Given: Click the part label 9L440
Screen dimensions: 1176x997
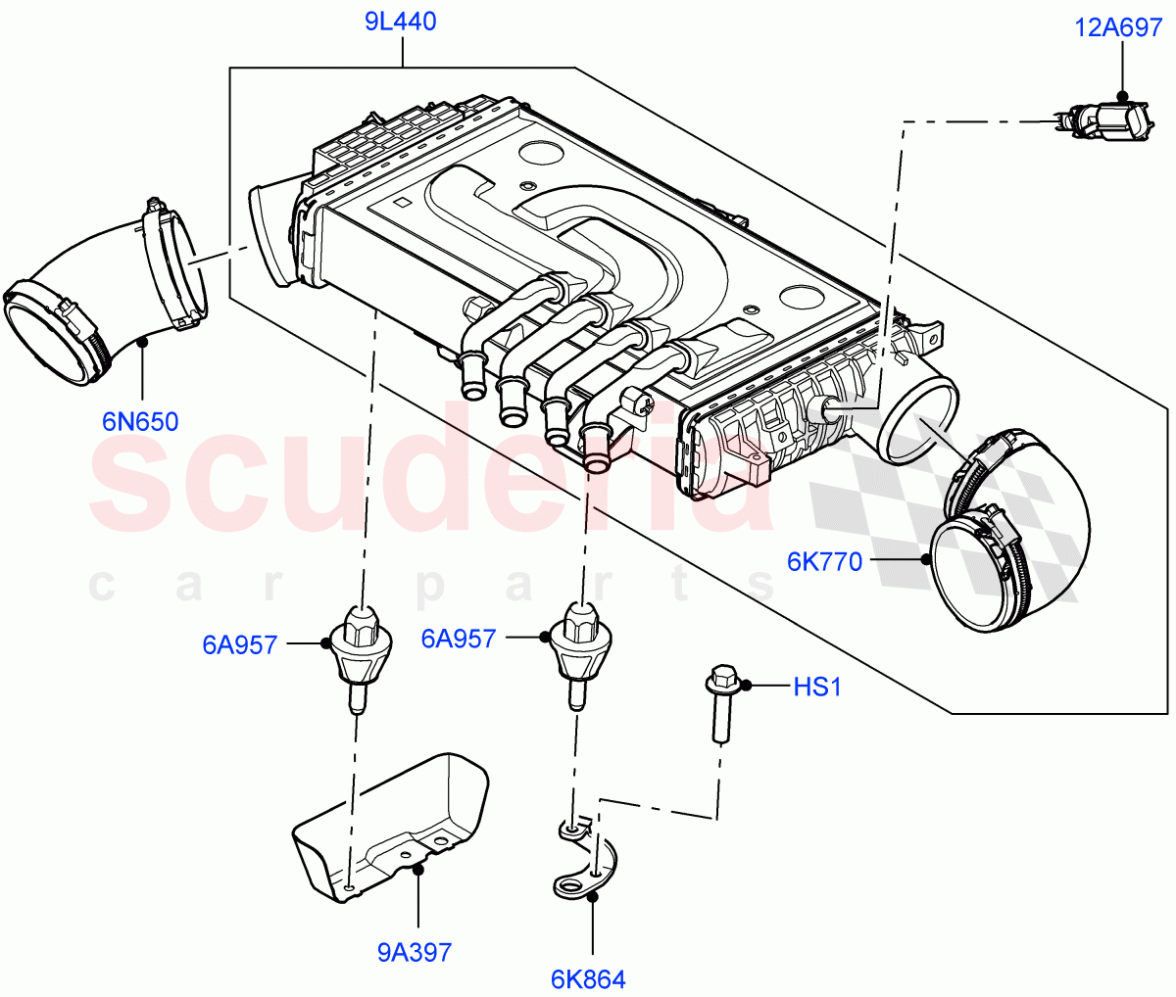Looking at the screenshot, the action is [401, 22].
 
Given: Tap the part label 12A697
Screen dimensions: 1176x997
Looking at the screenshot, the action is [1118, 27].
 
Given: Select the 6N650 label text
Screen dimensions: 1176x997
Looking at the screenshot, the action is [140, 422].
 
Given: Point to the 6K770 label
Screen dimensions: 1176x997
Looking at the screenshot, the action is [824, 562].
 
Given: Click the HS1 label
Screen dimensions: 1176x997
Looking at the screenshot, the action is [816, 688].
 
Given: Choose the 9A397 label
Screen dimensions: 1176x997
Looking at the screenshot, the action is [415, 952].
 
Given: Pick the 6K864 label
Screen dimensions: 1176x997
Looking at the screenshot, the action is [588, 978].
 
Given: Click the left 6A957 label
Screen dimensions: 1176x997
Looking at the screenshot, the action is [240, 644].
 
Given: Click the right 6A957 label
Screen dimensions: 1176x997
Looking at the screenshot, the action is [458, 639].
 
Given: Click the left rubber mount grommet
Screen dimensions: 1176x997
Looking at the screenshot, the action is [362, 651].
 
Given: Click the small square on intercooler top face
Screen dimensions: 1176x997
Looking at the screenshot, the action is [401, 204].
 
